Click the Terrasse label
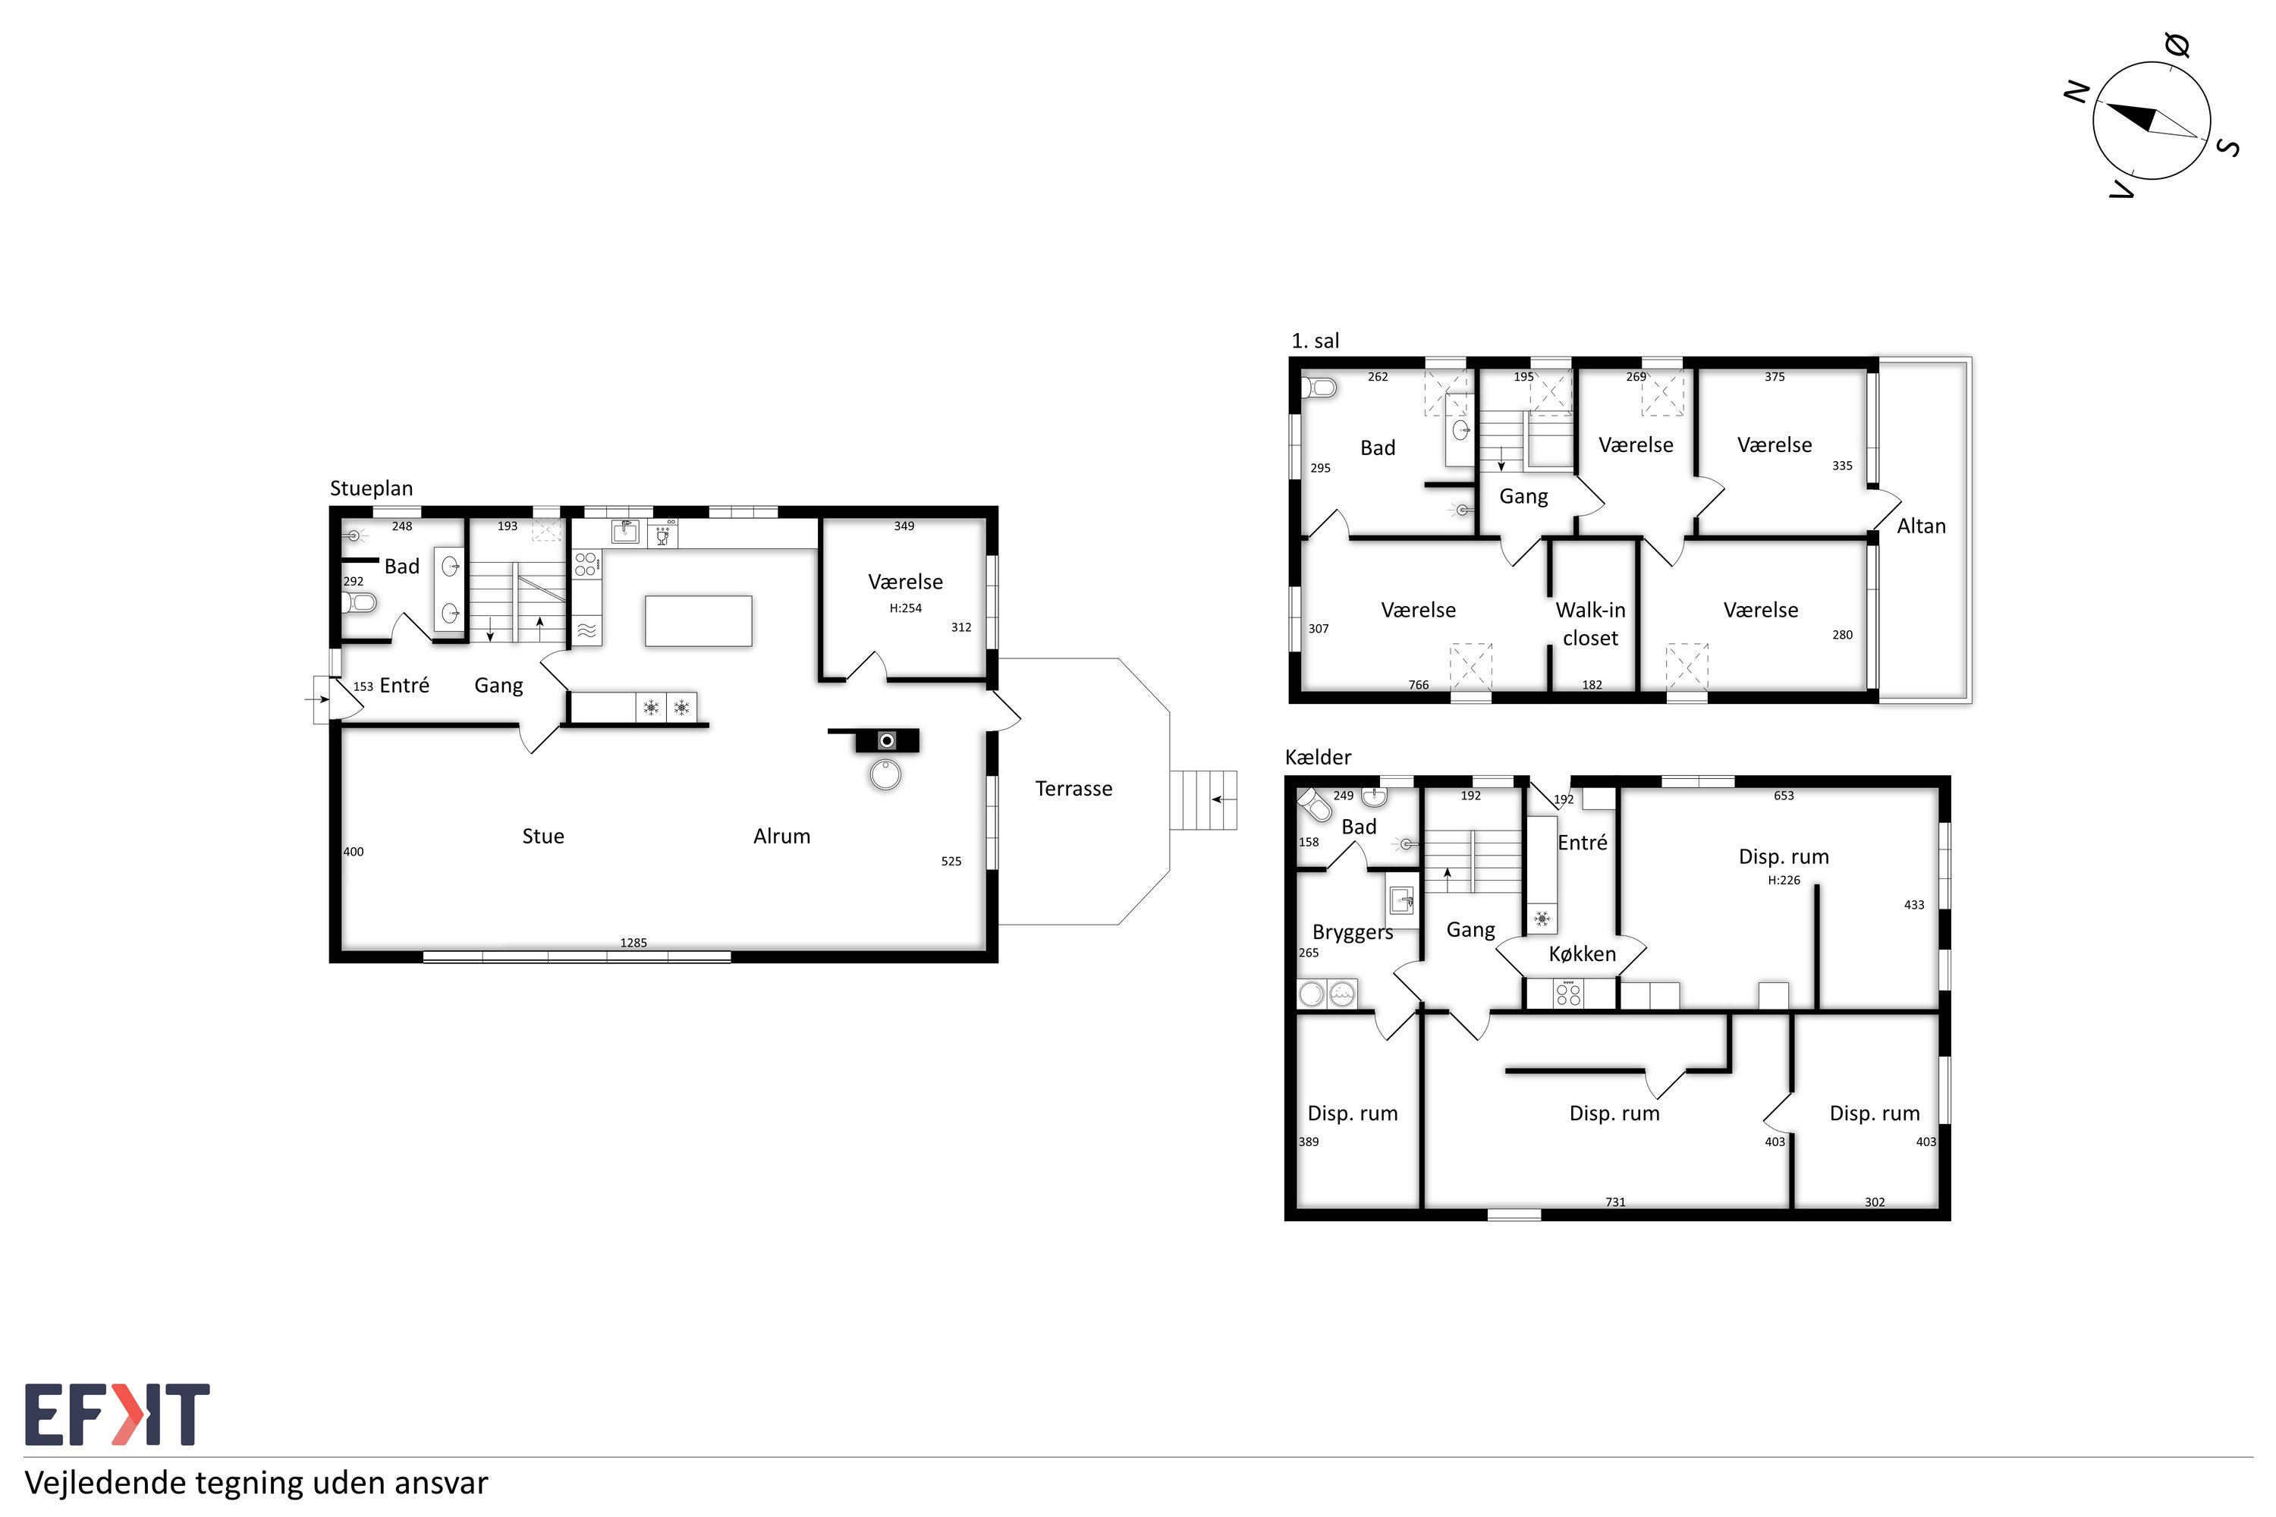(1074, 789)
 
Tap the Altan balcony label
(1921, 526)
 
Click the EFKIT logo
(117, 1415)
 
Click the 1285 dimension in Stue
(633, 942)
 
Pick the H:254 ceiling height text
(906, 608)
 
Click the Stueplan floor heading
(372, 488)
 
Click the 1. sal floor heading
(1315, 341)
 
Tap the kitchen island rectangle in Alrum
(699, 621)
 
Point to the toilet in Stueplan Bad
(359, 603)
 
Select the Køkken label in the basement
(1582, 954)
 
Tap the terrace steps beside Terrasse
(1202, 800)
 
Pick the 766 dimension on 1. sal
(1419, 685)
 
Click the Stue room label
(543, 836)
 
